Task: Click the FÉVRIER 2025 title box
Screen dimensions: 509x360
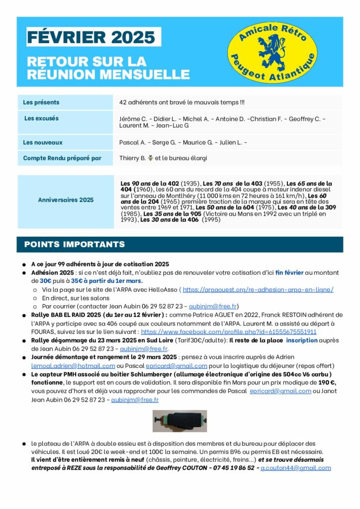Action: [91, 37]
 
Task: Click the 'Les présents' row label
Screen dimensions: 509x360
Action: [41, 102]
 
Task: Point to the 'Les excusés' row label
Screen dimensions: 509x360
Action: [41, 118]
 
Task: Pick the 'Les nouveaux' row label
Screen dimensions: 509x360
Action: [43, 143]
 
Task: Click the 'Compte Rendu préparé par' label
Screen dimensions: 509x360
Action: [62, 158]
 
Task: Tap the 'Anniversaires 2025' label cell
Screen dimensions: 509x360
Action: [66, 200]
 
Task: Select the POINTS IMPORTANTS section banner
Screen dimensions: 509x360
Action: [75, 245]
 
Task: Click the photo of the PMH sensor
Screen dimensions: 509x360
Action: [180, 421]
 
